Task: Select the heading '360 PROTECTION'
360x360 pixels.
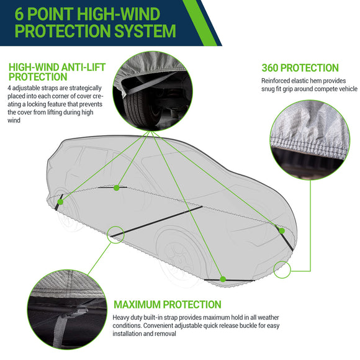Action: pyautogui.click(x=300, y=68)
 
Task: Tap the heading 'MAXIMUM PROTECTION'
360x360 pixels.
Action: pyautogui.click(x=167, y=304)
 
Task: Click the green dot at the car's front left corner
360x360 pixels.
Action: pyautogui.click(x=60, y=201)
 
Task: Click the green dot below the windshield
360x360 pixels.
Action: pyautogui.click(x=116, y=187)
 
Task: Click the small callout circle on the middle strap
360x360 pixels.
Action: pyautogui.click(x=115, y=234)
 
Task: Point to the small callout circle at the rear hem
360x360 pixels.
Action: pyautogui.click(x=281, y=269)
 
